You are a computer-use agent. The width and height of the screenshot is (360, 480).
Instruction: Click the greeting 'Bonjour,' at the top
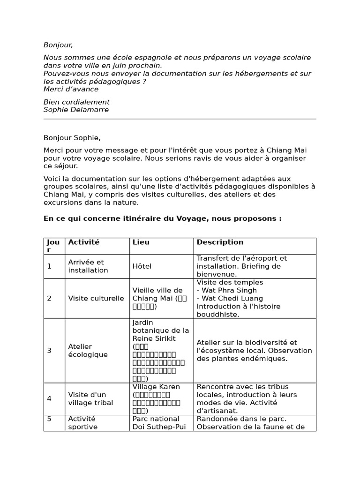(58, 45)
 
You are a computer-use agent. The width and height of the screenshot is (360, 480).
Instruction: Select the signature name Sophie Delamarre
(76, 110)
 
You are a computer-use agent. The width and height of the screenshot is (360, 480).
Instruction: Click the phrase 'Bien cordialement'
(76, 102)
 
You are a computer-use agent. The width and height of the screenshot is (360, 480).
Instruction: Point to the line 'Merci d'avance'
(71, 89)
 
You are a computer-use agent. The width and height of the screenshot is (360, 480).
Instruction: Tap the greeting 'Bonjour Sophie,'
(72, 138)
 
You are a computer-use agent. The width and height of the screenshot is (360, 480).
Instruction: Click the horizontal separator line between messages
(180, 119)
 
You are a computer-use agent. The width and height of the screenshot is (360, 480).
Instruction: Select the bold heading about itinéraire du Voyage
(162, 218)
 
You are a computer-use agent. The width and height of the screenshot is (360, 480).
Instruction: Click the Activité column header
(84, 242)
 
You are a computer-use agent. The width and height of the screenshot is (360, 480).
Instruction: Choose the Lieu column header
(141, 242)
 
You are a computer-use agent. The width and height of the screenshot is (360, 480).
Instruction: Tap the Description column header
(220, 242)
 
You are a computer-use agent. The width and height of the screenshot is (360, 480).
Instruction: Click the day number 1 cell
(49, 266)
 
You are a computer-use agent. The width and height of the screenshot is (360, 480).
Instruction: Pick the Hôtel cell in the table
(142, 266)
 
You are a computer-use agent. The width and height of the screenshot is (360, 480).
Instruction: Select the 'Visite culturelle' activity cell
(96, 298)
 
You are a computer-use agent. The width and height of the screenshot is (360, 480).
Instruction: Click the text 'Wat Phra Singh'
(224, 290)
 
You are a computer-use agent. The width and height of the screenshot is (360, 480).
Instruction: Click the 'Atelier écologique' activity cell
(88, 351)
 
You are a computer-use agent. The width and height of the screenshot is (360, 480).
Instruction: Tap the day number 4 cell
(49, 398)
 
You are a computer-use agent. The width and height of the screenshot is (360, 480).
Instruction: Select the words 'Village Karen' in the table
(156, 387)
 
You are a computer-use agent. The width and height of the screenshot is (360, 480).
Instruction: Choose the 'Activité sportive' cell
(83, 423)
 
